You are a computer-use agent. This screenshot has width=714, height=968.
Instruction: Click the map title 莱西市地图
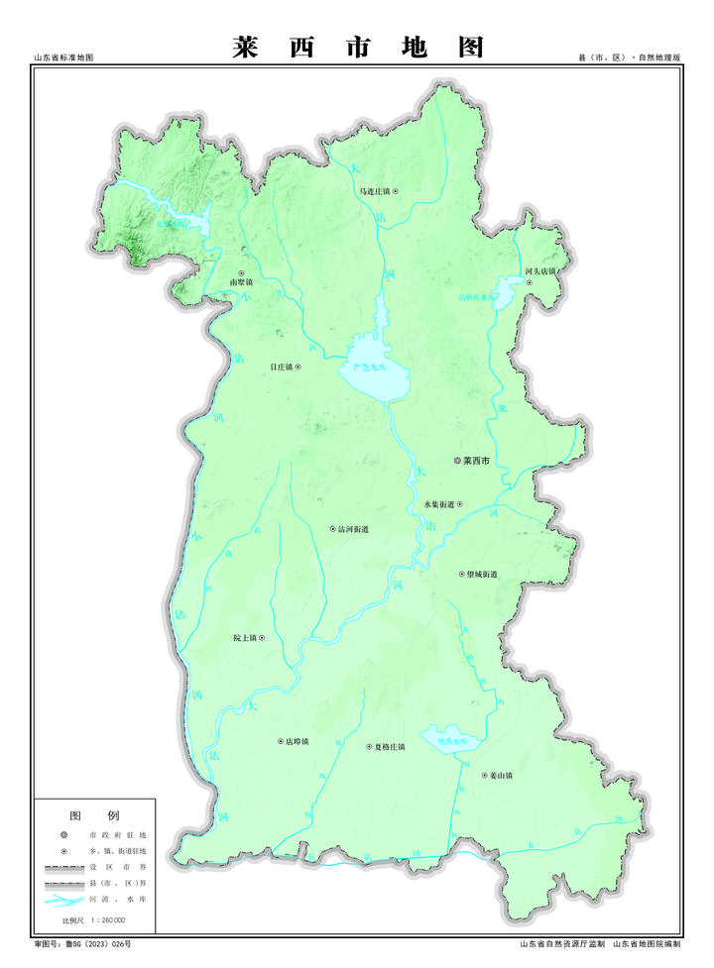[x=358, y=48]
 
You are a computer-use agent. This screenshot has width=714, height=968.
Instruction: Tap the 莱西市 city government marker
[x=457, y=461]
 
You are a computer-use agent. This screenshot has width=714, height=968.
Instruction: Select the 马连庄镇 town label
[x=376, y=190]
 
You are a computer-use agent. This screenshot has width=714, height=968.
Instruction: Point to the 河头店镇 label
[x=541, y=270]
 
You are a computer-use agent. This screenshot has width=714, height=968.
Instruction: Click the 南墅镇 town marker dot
[x=241, y=272]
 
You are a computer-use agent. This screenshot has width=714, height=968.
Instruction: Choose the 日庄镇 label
[x=281, y=367]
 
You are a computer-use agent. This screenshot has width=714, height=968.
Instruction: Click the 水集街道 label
[x=438, y=504]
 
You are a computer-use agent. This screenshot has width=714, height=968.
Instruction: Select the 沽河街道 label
[x=353, y=530]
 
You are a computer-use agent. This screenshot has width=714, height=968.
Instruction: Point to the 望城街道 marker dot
[x=461, y=574]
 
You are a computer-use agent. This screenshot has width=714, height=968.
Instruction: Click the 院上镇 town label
[x=243, y=638]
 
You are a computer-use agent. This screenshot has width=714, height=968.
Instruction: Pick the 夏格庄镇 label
[x=385, y=746]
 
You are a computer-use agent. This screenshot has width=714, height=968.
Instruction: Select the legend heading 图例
[x=94, y=815]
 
